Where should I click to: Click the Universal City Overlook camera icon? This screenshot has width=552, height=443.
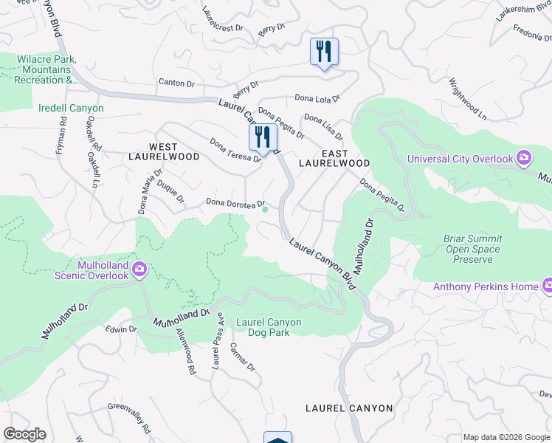tap(523, 158)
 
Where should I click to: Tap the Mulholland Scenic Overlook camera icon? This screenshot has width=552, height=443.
tap(139, 270)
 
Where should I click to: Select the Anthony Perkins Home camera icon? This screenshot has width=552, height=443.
tap(548, 286)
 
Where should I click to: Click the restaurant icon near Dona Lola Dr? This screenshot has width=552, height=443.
tap(323, 52)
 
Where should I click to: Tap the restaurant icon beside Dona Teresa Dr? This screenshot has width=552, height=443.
tap(262, 137)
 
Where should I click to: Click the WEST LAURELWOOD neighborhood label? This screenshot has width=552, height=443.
tap(164, 151)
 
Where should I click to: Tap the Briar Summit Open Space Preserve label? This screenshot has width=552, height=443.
tap(472, 249)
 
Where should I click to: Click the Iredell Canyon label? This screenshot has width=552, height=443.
tap(71, 108)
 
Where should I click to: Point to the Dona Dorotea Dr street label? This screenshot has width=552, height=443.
tap(235, 202)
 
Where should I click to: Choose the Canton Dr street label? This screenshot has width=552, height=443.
tap(176, 83)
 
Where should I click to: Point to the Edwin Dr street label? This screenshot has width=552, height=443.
tap(121, 329)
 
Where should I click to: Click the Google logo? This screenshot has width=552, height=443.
tap(24, 434)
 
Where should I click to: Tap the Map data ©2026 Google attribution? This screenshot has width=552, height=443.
tap(506, 437)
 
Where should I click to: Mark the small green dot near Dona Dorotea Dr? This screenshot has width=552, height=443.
tap(266, 209)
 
